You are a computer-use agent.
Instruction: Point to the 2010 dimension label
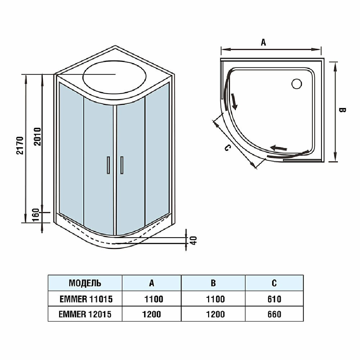[x=37, y=136]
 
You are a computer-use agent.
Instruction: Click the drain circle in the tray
[x=297, y=84]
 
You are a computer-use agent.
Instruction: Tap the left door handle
[x=107, y=165]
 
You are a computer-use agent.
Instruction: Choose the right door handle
[x=122, y=165]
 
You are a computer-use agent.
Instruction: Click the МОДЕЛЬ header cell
[x=85, y=283]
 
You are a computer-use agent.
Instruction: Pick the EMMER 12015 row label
[x=85, y=314]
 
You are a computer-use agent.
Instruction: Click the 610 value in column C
[x=274, y=299]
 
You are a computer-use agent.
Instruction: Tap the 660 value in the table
[x=274, y=314]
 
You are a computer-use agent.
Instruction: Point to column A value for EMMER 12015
[x=152, y=314]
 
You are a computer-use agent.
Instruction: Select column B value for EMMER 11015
[x=213, y=299]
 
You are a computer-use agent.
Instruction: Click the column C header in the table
[x=274, y=283]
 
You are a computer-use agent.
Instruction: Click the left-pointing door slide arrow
[x=279, y=148]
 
